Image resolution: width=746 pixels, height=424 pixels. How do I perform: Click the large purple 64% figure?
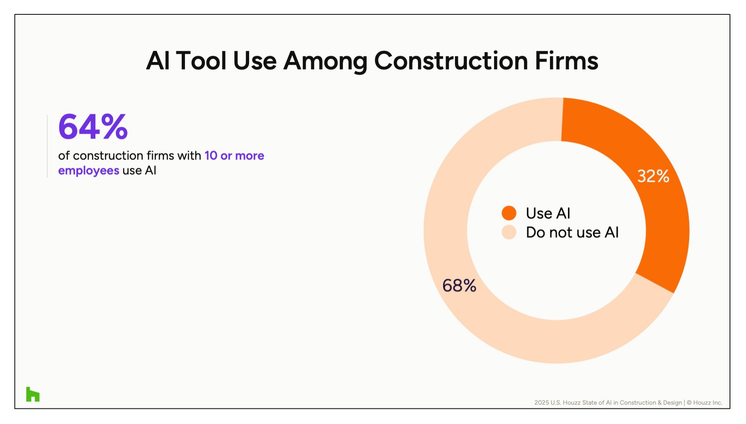pos(93,127)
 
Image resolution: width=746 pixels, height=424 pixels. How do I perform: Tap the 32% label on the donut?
pos(653,176)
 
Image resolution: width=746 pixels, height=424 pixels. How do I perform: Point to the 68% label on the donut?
pos(459,286)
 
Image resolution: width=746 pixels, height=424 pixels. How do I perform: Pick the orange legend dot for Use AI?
pos(509,213)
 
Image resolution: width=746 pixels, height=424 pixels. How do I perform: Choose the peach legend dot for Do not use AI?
pos(509,232)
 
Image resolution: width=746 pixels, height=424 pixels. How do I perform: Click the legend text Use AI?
pos(548,213)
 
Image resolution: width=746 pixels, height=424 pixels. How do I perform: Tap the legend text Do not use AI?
pos(572,233)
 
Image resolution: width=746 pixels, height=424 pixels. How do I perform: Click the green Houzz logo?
pos(33,394)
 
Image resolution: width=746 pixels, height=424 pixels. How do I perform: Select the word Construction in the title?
pos(451,61)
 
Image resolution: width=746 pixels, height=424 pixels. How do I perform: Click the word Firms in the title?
pos(566,61)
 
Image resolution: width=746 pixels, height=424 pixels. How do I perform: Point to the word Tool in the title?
pos(201,61)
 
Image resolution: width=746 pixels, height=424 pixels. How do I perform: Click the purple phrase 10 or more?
pos(234,156)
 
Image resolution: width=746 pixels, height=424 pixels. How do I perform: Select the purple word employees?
pos(89,171)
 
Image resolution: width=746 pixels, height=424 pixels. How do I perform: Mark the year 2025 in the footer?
pos(541,403)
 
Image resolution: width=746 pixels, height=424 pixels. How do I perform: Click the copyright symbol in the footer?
pos(689,403)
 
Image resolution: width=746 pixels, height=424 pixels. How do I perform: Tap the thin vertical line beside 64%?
pos(47,146)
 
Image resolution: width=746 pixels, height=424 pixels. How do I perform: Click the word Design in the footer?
pos(672,403)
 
